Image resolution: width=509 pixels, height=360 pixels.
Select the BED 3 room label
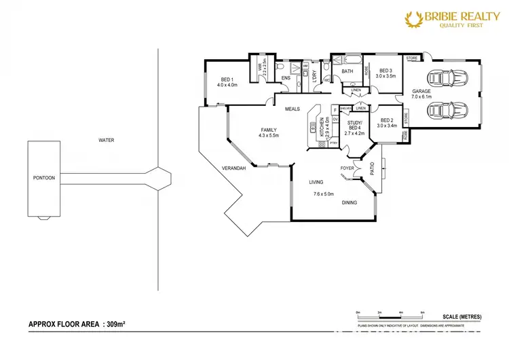pyautogui.click(x=387, y=70)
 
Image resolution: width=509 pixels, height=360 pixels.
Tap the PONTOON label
pyautogui.click(x=43, y=178)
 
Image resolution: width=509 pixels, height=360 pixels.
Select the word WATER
pyautogui.click(x=106, y=141)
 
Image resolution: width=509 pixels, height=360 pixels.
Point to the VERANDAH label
pyautogui.click(x=233, y=168)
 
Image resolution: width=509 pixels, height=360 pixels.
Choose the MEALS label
pyautogui.click(x=293, y=109)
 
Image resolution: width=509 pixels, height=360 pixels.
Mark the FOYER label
pyautogui.click(x=347, y=166)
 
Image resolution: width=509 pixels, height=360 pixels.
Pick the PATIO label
pyautogui.click(x=372, y=166)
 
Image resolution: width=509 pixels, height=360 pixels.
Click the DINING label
pyautogui.click(x=350, y=202)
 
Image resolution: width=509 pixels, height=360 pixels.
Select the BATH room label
pyautogui.click(x=347, y=71)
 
